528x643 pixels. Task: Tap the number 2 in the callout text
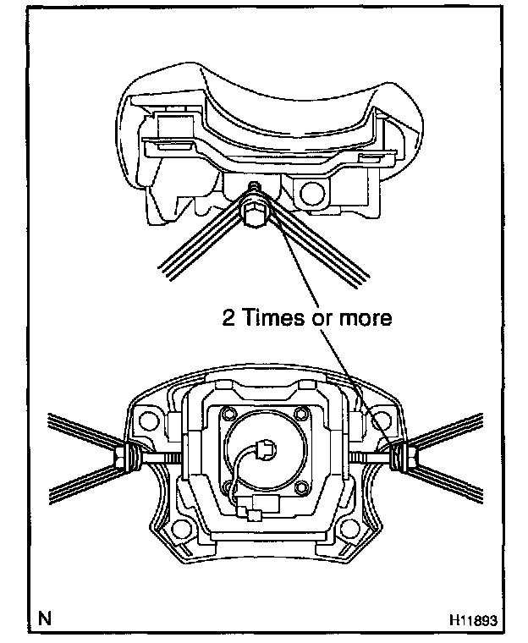tap(227, 318)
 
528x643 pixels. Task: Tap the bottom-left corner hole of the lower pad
tap(179, 532)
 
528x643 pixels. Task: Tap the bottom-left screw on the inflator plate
tap(228, 486)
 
